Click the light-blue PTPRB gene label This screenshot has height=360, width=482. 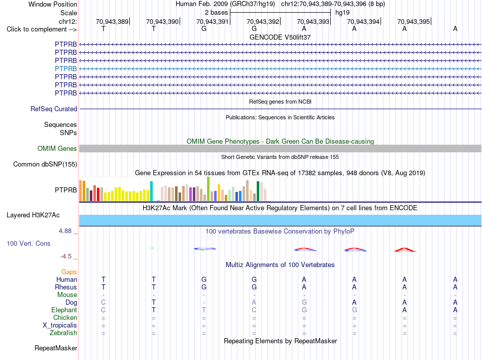[x=66, y=69]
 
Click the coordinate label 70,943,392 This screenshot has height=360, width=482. [x=263, y=21]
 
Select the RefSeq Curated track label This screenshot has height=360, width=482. [x=54, y=109]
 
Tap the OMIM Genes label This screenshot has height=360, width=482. [x=57, y=149]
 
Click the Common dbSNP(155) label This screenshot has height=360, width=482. [x=45, y=165]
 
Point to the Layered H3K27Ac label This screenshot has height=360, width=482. [x=33, y=215]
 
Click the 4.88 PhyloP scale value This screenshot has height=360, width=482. [x=65, y=231]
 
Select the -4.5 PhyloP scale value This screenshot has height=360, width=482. [x=66, y=256]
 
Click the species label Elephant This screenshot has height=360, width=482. [x=64, y=310]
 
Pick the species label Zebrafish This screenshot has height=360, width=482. [x=63, y=333]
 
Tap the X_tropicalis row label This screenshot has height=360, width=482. [x=60, y=325]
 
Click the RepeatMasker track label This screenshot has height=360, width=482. [x=56, y=348]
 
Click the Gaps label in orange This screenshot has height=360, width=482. [x=69, y=272]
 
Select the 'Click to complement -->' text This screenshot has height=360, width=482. [x=42, y=29]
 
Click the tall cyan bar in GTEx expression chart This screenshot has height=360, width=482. [x=151, y=191]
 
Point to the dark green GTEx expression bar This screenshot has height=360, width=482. [x=258, y=191]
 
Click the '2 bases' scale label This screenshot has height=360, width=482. [x=217, y=13]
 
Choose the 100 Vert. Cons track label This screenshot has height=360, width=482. [x=28, y=243]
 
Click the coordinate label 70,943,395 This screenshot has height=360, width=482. [x=414, y=21]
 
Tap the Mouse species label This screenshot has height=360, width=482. [x=67, y=295]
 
